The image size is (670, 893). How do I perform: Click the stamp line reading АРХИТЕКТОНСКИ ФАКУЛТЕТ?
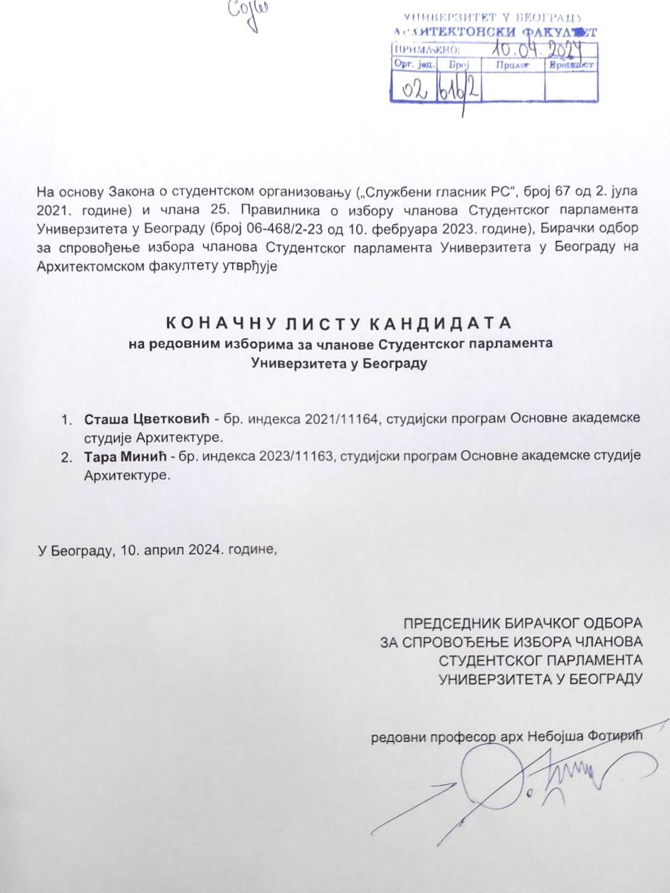pyautogui.click(x=495, y=32)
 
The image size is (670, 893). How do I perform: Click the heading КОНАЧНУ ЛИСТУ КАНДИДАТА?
pyautogui.click(x=339, y=324)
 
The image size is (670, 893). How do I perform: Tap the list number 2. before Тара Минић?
pyautogui.click(x=66, y=457)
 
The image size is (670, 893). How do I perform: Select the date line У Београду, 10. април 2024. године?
pyautogui.click(x=157, y=550)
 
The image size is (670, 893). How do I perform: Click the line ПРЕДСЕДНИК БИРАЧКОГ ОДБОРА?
pyautogui.click(x=523, y=623)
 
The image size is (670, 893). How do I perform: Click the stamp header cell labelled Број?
pyautogui.click(x=458, y=64)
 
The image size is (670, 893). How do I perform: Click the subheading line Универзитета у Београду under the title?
pyautogui.click(x=339, y=363)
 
